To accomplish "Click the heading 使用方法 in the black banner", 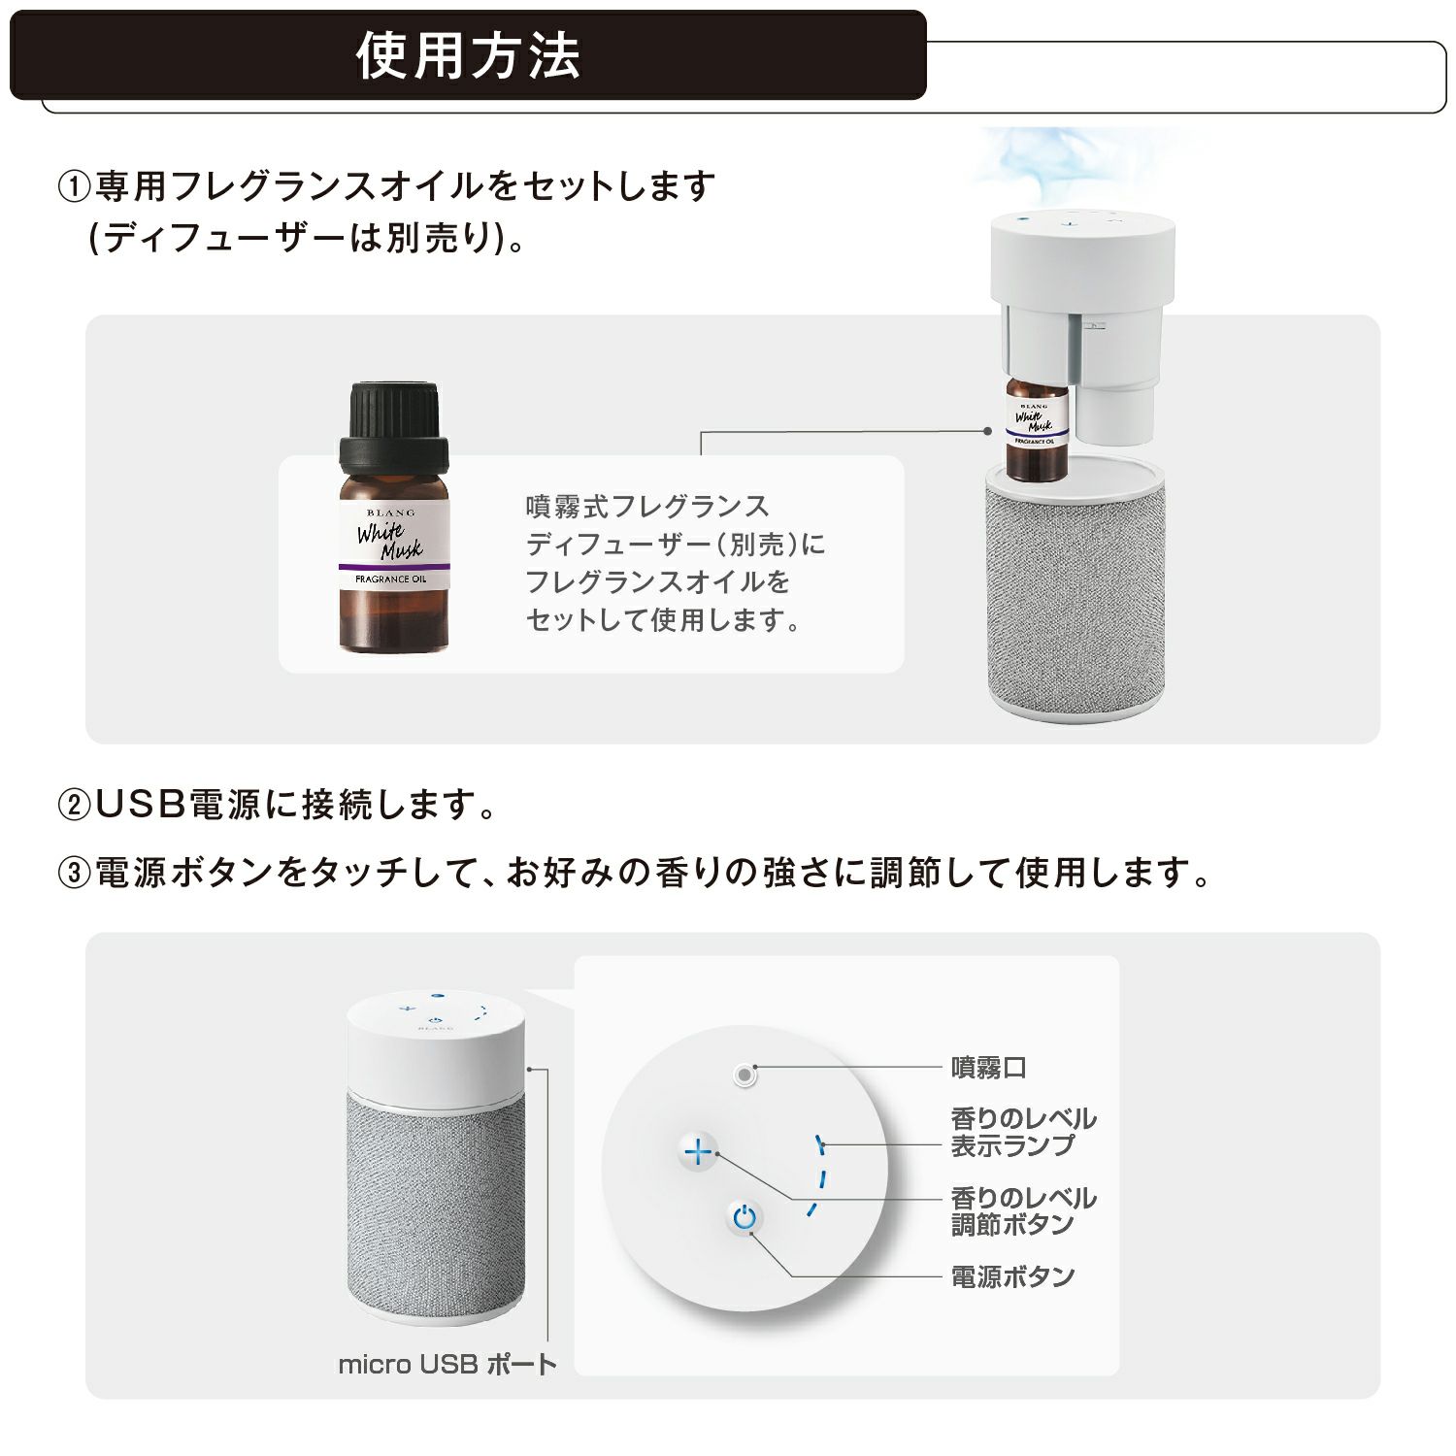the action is coord(468,55).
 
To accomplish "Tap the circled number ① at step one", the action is coord(74,185).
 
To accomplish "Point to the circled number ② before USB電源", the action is coord(74,805).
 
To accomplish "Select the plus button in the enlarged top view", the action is coord(698,1152).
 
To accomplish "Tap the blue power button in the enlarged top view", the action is coord(744,1217).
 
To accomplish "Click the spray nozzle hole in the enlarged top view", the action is coord(745,1075).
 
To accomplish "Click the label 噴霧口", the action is coord(988,1068).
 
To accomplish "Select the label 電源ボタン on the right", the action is coord(1012,1275).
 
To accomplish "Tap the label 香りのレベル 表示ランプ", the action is coord(1023,1132).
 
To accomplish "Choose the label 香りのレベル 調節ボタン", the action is coord(1023,1211).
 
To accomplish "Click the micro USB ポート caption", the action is coord(447,1364).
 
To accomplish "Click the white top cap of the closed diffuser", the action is coord(436,1043).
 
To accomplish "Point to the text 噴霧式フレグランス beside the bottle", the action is coord(647,506).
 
